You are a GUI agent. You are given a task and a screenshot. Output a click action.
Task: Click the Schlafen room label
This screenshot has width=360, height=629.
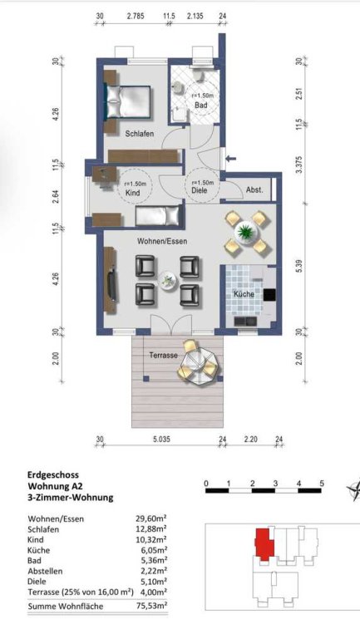click(140, 134)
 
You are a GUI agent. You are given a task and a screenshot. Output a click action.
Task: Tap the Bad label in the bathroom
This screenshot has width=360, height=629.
click(201, 105)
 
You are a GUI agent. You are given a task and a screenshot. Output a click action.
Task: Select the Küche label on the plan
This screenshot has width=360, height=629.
click(244, 293)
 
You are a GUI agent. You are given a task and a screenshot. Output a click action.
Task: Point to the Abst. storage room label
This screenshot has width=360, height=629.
click(254, 189)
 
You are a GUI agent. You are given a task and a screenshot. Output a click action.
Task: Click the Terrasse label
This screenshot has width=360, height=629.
click(163, 355)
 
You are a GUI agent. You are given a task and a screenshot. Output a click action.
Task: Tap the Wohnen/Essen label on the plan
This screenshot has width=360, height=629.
click(162, 241)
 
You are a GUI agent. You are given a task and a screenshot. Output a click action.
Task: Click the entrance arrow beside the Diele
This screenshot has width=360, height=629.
click(231, 159)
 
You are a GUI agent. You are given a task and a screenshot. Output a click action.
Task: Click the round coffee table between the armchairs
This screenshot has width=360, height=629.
click(167, 280)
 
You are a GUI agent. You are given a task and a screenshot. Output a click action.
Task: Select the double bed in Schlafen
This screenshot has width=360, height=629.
click(128, 102)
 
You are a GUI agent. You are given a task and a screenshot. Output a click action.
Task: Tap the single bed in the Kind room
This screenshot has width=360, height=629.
click(157, 216)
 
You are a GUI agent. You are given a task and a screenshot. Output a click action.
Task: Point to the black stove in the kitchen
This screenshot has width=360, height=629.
click(269, 295)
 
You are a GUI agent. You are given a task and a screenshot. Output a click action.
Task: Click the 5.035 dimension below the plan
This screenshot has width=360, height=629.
click(161, 439)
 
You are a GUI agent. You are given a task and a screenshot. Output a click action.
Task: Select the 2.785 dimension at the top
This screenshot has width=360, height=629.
click(136, 16)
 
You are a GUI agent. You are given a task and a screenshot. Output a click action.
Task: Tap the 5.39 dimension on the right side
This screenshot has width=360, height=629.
click(298, 267)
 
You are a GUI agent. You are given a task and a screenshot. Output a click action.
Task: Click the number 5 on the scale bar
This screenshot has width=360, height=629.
click(322, 483)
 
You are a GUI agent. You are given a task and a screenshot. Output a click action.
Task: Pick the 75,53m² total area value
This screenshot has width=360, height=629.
click(151, 606)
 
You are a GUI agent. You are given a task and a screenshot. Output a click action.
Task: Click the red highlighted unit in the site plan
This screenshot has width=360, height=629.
click(264, 544)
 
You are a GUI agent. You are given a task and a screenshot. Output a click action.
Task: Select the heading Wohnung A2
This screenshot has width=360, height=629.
click(56, 486)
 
